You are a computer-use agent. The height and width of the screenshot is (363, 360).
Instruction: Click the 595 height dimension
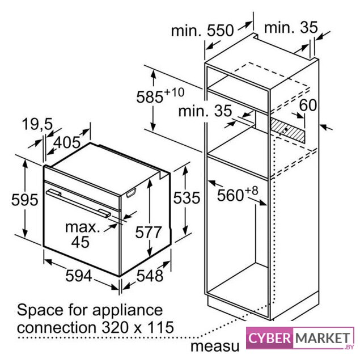pyautogui.click(x=25, y=200)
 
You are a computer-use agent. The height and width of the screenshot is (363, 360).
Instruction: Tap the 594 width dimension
pyautogui.click(x=79, y=276)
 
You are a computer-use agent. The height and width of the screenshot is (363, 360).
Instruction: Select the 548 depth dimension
pyautogui.click(x=150, y=276)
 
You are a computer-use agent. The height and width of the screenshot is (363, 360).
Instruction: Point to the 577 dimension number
pyautogui.click(x=148, y=232)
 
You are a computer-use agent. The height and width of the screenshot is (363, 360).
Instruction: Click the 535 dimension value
pyautogui.click(x=187, y=198)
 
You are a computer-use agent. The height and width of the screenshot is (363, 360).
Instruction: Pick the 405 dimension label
pyautogui.click(x=67, y=142)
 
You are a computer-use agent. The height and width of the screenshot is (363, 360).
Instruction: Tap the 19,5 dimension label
pyautogui.click(x=37, y=124)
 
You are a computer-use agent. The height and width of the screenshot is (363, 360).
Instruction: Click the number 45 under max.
pyautogui.click(x=81, y=242)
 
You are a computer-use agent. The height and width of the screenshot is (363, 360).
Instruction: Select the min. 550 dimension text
pyautogui.click(x=202, y=31)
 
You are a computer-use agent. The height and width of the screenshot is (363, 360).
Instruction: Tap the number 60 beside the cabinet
pyautogui.click(x=308, y=105)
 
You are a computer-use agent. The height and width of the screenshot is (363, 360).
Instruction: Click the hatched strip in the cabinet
pyautogui.click(x=288, y=130)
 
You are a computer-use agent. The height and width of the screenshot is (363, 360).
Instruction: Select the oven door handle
pyautogui.click(x=78, y=204)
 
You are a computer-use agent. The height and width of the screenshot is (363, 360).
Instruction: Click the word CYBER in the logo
pyautogui.click(x=269, y=338)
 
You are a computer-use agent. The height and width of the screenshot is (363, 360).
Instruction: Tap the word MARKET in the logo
pyautogui.click(x=323, y=338)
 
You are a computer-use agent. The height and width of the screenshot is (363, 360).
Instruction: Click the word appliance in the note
pyautogui.click(x=128, y=310)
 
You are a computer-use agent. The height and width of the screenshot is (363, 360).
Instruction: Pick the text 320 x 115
pyautogui.click(x=138, y=327)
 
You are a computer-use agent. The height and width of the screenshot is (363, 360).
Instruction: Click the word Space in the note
pyautogui.click(x=40, y=310)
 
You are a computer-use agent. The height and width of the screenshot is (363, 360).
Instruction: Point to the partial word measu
pyautogui.click(x=215, y=347)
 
